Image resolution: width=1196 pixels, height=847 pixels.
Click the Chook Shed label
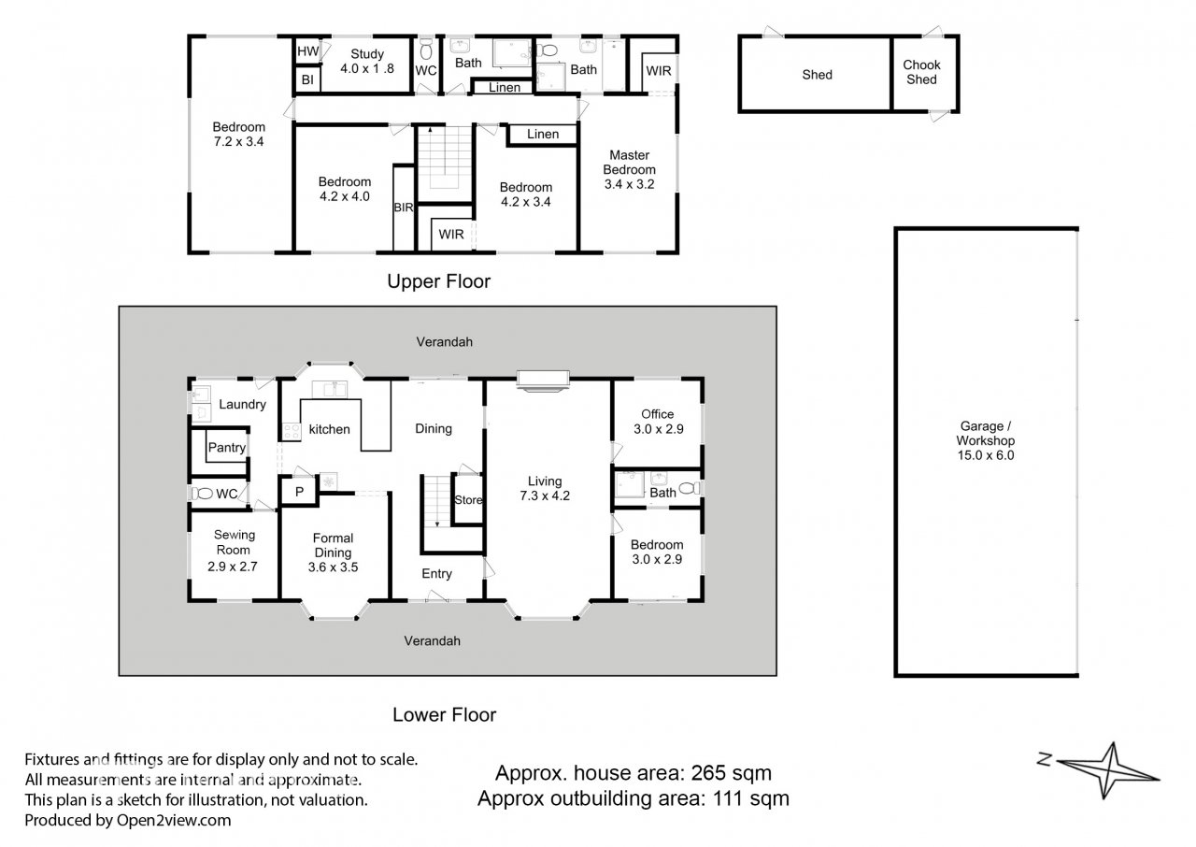tap(921, 72)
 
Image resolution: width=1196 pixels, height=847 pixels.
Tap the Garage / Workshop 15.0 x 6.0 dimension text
tap(985, 440)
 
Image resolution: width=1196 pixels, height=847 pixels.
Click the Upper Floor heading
tap(438, 281)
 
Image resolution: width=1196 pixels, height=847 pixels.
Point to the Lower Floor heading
tap(444, 714)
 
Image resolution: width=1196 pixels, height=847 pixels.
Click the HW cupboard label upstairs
tap(307, 51)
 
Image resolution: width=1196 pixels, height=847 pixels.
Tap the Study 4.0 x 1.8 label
tap(367, 62)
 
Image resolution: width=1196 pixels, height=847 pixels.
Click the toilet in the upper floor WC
tap(425, 49)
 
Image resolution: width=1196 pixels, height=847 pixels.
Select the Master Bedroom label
tap(630, 169)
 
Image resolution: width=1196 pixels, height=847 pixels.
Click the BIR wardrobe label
tap(403, 208)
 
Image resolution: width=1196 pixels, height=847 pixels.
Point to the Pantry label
tap(227, 448)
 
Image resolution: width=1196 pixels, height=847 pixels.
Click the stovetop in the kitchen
tap(291, 431)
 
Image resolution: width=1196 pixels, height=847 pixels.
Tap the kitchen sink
tap(330, 389)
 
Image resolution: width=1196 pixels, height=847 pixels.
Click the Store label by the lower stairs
tap(468, 500)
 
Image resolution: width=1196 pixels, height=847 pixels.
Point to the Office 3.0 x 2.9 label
tap(658, 422)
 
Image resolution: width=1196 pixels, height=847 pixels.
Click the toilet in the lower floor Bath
tap(690, 488)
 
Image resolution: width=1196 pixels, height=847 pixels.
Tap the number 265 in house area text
tap(708, 773)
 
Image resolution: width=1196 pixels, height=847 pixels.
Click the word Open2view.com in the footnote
tap(174, 820)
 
